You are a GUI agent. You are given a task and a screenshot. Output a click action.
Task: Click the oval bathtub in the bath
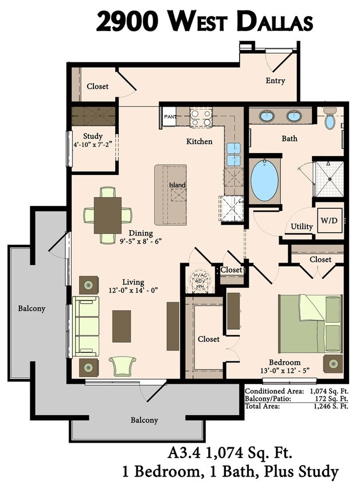click(264, 180)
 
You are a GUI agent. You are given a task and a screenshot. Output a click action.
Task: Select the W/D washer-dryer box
click(328, 220)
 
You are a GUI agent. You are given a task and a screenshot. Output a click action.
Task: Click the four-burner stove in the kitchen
click(201, 118)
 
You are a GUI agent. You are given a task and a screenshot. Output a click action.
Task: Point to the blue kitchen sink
click(233, 153)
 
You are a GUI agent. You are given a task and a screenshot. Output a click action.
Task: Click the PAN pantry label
click(170, 117)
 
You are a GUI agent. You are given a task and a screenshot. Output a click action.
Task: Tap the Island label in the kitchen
click(177, 185)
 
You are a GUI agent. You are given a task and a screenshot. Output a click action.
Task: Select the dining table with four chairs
click(108, 215)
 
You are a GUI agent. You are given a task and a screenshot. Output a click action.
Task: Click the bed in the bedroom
click(310, 323)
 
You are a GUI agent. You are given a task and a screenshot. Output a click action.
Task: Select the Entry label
click(275, 81)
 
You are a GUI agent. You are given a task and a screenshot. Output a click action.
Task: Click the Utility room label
click(302, 227)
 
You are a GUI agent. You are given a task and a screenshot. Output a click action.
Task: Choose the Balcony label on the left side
click(31, 309)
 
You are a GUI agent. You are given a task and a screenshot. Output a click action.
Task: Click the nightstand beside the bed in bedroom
click(333, 364)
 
